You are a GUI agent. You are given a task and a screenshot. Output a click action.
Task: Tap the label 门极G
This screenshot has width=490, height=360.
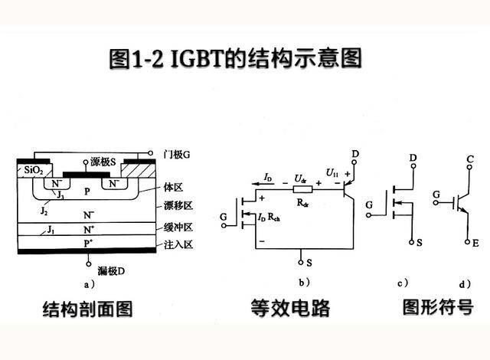(176, 154)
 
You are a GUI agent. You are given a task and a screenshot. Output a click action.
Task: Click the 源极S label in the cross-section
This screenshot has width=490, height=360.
(103, 162)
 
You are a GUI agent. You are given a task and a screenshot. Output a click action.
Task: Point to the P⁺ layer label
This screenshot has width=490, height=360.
(90, 243)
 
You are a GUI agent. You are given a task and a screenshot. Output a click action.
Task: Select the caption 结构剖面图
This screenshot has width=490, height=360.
(87, 309)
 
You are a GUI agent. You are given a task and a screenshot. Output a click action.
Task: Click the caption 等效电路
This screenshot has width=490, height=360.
(290, 309)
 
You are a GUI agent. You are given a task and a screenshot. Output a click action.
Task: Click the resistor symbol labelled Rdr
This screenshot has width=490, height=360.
(302, 193)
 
